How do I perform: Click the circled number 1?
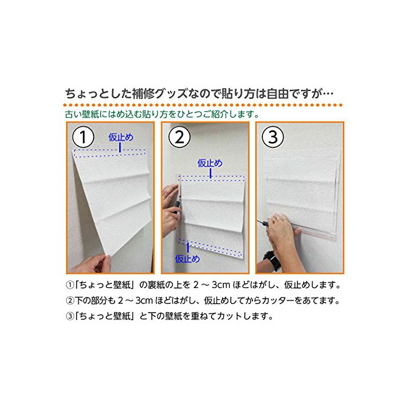(83, 137)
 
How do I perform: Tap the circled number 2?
(179, 137)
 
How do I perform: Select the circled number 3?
(273, 137)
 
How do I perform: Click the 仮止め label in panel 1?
(121, 137)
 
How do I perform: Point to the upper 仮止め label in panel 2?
(210, 163)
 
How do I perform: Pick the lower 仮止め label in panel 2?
(188, 259)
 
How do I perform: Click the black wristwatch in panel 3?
(272, 259)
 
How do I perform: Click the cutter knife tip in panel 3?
(258, 221)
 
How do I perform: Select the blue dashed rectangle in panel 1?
(110, 153)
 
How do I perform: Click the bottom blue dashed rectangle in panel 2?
(210, 248)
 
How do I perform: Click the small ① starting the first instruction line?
(70, 285)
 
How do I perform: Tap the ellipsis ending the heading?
(328, 94)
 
